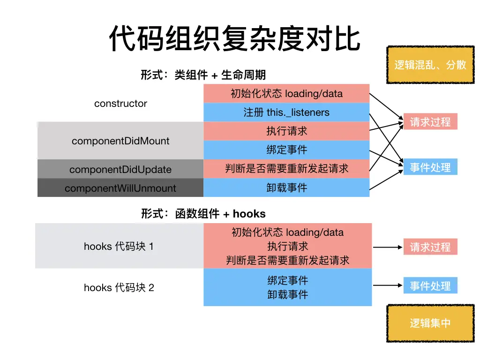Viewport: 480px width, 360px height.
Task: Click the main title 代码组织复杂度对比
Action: pos(234,38)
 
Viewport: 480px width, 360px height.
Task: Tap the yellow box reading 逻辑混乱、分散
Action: pos(430,65)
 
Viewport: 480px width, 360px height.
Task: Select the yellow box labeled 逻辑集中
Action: pos(430,323)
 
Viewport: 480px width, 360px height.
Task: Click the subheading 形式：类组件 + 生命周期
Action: pos(203,75)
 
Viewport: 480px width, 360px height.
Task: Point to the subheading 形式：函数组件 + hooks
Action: pos(203,214)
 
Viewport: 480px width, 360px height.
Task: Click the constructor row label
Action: pos(120,104)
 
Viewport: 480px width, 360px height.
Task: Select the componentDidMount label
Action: pos(120,141)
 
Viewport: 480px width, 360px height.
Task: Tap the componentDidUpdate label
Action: pos(120,169)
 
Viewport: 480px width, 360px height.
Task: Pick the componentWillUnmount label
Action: pos(120,188)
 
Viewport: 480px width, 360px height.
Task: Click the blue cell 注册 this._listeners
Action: pos(286,112)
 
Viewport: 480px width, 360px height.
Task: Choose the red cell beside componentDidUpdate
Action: pos(286,169)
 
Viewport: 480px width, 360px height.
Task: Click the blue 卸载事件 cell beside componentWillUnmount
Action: pos(286,187)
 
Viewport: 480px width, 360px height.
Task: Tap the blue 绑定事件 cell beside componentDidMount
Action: pos(286,150)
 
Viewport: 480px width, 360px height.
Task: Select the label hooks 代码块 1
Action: pos(119,246)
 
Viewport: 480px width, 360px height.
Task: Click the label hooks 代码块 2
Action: pos(119,287)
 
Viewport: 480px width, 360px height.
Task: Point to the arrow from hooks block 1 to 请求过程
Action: pos(387,247)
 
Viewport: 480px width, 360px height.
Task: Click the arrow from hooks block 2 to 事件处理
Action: pos(387,285)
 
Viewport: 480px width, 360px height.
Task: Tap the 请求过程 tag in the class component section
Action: pos(430,122)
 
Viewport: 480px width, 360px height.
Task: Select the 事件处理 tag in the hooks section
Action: pos(430,285)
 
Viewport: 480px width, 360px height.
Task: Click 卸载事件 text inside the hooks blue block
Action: pos(287,294)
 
